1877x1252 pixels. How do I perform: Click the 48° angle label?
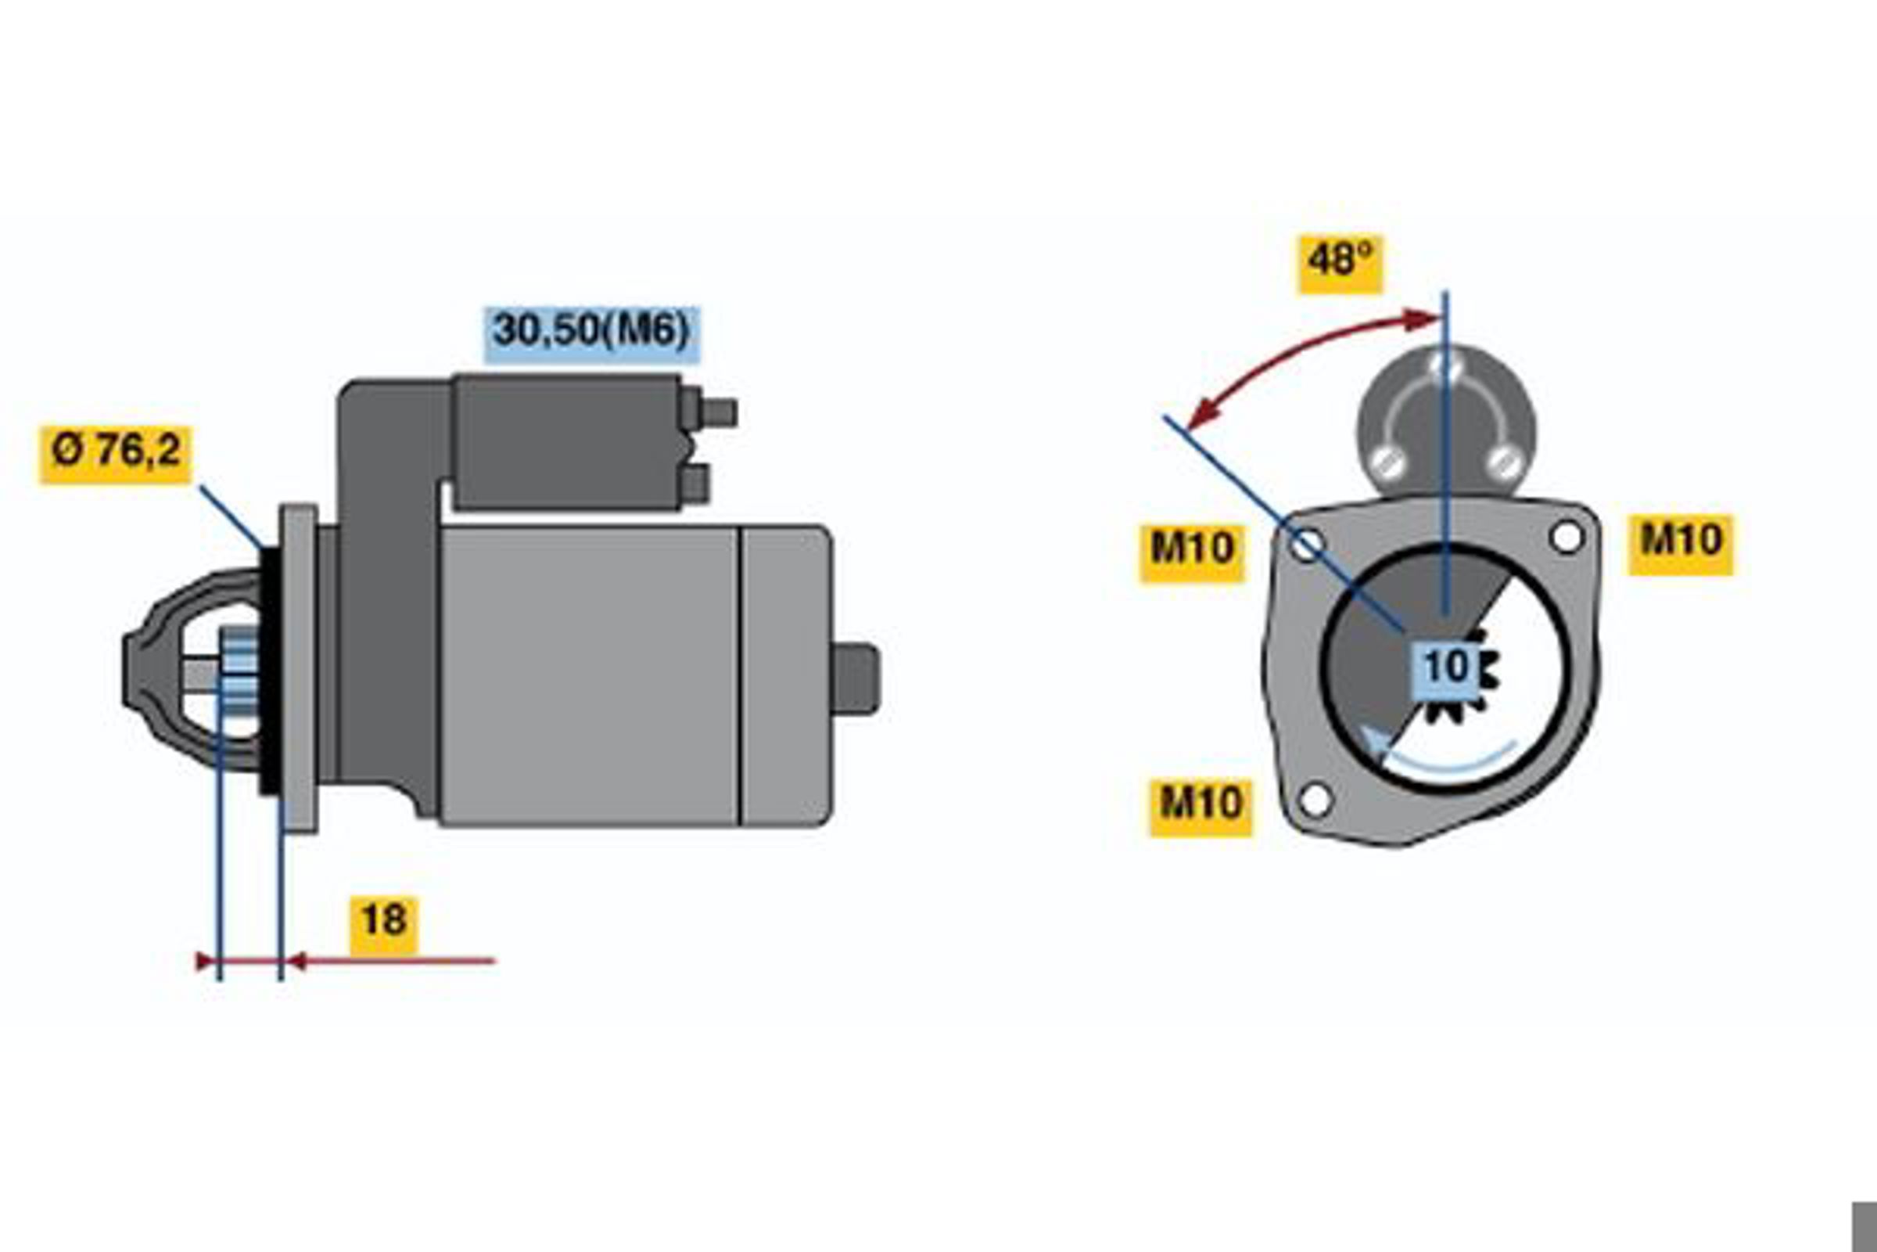pos(1340,264)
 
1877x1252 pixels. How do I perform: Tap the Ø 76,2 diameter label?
pos(116,455)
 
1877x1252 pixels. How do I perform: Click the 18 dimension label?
pos(384,926)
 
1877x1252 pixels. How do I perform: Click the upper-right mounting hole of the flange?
pos(1567,537)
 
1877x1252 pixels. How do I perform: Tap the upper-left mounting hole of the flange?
pos(1306,546)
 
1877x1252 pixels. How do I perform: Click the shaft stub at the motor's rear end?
pos(855,678)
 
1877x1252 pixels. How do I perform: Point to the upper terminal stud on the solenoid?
pos(717,413)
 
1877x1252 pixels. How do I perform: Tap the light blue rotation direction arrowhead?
pos(1374,743)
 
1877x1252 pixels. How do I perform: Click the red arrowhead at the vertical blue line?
pos(1423,321)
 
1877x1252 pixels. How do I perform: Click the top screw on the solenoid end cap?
pos(1446,366)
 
